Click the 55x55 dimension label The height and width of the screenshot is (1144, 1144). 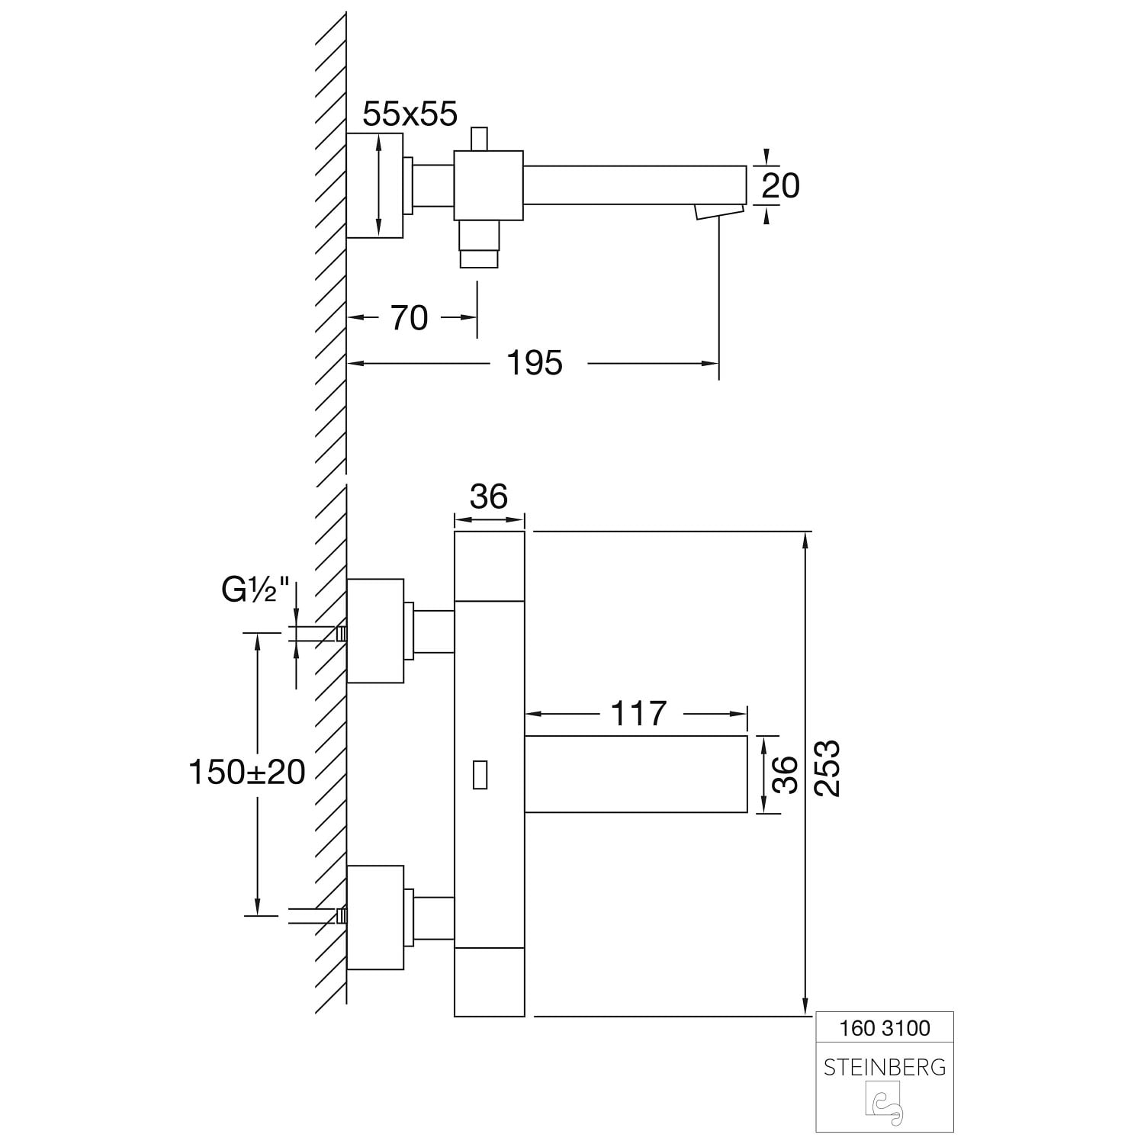(410, 114)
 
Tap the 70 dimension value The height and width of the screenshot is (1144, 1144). (410, 318)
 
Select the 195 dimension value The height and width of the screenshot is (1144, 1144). (535, 363)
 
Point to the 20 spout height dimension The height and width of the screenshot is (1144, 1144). (780, 185)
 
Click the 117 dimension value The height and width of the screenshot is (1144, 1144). (638, 714)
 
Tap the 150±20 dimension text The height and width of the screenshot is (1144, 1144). (247, 773)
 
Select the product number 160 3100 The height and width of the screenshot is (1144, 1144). (885, 1028)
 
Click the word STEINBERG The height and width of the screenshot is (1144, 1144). (885, 1067)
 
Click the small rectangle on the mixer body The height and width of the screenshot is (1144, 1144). (480, 774)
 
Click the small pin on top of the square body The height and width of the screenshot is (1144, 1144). (479, 140)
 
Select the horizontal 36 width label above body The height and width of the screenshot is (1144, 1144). (488, 496)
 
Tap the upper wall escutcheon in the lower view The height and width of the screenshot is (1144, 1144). (375, 631)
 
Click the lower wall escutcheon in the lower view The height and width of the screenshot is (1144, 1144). (375, 917)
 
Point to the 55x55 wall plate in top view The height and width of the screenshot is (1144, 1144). (374, 185)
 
